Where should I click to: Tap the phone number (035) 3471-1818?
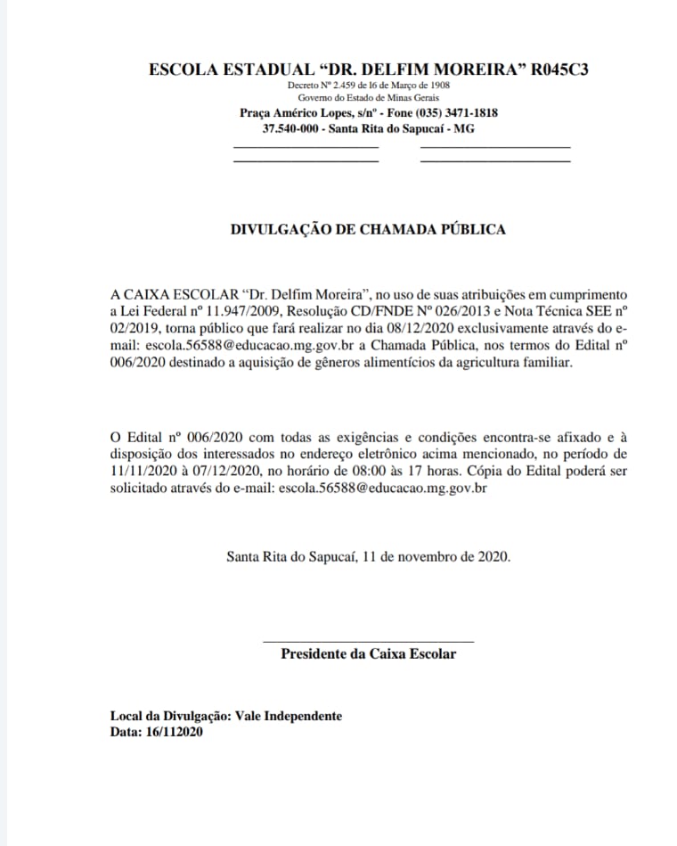click(x=447, y=113)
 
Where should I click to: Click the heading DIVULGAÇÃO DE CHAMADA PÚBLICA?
click(x=368, y=229)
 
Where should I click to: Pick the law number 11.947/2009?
click(x=215, y=311)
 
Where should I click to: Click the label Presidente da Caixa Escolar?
click(x=368, y=654)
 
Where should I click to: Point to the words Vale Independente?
click(x=290, y=716)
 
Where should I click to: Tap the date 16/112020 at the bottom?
click(x=173, y=732)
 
